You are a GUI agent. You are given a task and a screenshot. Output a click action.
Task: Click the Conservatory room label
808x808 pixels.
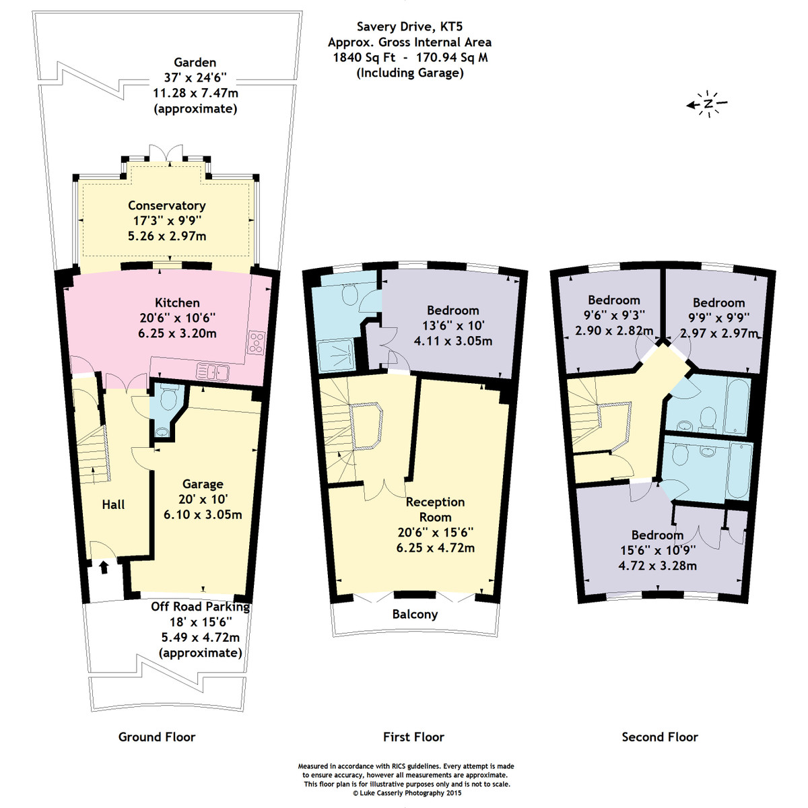(167, 205)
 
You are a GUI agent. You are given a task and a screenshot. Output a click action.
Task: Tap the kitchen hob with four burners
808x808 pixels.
(256, 342)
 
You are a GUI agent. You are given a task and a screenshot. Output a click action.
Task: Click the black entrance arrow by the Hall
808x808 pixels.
(104, 568)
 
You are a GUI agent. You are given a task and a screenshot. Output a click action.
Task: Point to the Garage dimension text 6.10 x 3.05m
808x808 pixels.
(203, 514)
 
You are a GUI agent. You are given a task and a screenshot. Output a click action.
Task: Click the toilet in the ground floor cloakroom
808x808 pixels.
(168, 399)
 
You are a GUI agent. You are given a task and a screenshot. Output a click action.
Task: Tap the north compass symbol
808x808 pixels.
(706, 104)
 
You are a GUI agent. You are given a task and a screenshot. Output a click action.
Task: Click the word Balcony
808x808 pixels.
(415, 614)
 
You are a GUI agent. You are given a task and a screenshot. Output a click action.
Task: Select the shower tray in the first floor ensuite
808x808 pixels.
(336, 356)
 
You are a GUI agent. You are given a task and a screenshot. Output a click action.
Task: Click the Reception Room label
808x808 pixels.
(435, 510)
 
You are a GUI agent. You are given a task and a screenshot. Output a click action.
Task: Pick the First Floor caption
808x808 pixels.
(413, 737)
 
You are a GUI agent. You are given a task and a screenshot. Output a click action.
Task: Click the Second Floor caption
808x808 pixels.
(660, 737)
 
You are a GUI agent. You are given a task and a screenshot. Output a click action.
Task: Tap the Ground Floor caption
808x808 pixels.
(157, 737)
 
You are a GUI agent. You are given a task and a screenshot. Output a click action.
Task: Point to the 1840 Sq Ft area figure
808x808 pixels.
(364, 57)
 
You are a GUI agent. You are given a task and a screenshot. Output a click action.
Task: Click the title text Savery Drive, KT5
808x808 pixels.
(409, 27)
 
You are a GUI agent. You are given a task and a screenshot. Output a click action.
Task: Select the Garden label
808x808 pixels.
(195, 63)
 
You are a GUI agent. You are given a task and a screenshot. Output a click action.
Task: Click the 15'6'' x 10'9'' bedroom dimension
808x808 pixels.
(657, 550)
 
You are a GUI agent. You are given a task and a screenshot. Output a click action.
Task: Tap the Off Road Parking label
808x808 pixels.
(201, 607)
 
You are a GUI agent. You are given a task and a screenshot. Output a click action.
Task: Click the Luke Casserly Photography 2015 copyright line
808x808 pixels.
(407, 793)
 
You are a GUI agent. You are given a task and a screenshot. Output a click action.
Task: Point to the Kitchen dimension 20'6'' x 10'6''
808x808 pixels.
(177, 318)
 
